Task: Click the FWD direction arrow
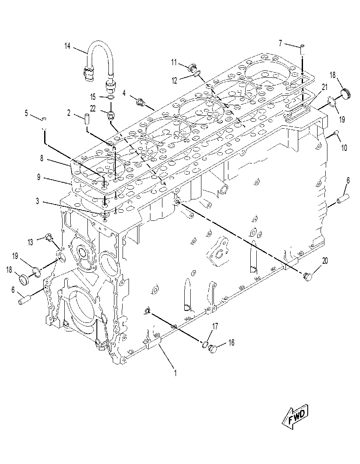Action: point(296,416)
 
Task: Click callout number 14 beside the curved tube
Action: point(67,46)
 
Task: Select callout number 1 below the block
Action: point(175,373)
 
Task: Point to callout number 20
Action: point(325,261)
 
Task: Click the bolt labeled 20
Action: point(307,277)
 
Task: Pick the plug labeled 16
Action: point(213,349)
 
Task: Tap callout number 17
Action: point(215,326)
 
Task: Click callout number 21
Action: point(325,87)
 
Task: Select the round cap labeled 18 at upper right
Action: point(345,94)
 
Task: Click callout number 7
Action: point(280,43)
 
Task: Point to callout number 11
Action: point(174,63)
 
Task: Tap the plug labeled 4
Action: point(140,102)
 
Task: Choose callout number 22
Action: point(93,108)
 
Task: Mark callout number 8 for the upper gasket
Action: point(42,159)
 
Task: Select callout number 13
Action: point(30,242)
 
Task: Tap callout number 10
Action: point(344,148)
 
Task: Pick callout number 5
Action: point(26,113)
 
